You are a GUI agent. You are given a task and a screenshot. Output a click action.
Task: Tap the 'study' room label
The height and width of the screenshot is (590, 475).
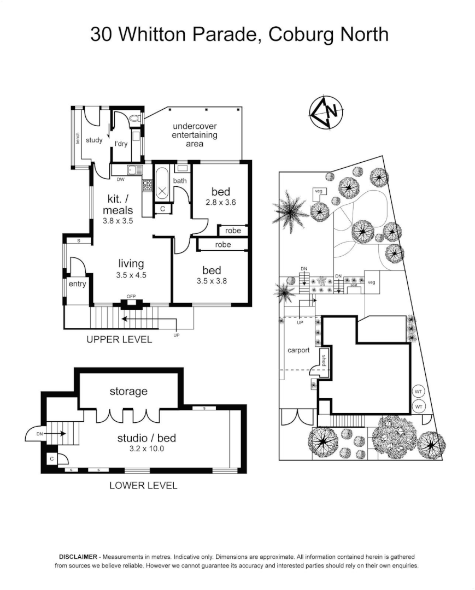click(x=94, y=140)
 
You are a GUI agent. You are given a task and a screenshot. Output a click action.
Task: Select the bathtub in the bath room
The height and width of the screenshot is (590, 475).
click(x=162, y=186)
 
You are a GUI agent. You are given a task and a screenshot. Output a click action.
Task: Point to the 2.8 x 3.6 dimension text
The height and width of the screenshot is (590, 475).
click(x=220, y=203)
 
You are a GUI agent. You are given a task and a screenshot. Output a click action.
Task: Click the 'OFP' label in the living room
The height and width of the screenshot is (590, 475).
click(x=131, y=297)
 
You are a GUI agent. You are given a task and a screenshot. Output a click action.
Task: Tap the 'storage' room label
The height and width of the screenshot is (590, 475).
click(x=128, y=391)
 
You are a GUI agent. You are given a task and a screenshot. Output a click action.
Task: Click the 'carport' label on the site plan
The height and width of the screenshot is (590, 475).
click(x=298, y=350)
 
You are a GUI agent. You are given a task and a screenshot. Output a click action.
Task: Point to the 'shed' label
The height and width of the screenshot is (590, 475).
click(x=324, y=360)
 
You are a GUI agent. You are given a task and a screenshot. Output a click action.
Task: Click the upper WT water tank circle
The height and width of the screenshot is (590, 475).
click(x=419, y=392)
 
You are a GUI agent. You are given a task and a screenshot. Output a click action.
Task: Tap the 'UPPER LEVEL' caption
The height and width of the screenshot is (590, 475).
click(x=119, y=339)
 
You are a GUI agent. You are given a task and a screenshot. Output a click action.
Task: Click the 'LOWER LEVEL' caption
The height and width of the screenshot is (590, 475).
click(x=143, y=485)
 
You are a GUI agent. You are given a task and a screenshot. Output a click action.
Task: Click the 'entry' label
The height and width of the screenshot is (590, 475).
click(x=77, y=284)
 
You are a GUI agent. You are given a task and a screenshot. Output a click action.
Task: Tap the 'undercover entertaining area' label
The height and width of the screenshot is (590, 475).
click(x=195, y=135)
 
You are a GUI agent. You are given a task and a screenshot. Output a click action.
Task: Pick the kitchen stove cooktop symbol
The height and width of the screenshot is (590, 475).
click(x=146, y=186)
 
